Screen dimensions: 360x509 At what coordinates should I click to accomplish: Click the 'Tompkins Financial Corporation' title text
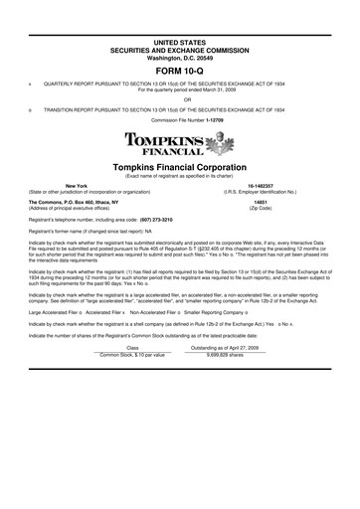tap(179, 167)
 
